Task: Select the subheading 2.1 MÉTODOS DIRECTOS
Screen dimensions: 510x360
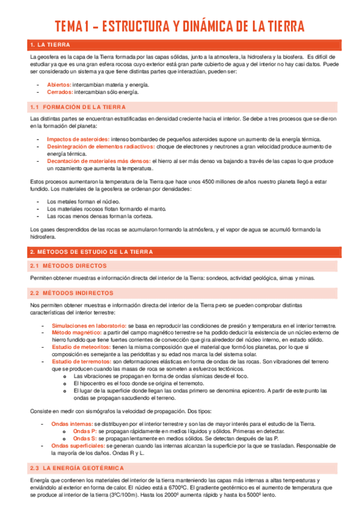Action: [68, 265]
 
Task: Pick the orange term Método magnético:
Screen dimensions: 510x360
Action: [76, 332]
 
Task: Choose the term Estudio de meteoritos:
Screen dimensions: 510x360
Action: [81, 347]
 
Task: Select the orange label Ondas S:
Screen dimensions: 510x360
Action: [84, 438]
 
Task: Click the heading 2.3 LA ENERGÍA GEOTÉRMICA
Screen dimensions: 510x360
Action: [76, 467]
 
